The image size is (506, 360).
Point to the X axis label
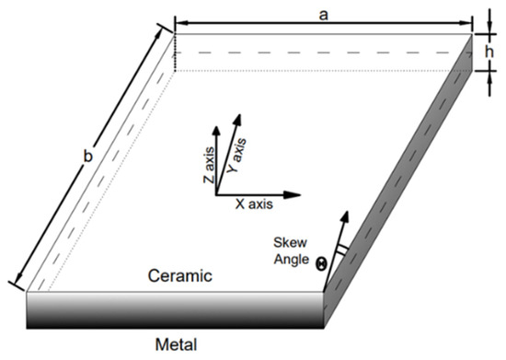[252, 208]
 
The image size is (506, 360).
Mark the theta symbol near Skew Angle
[321, 263]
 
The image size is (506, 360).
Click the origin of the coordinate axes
[216, 194]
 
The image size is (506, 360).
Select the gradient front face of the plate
[175, 309]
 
